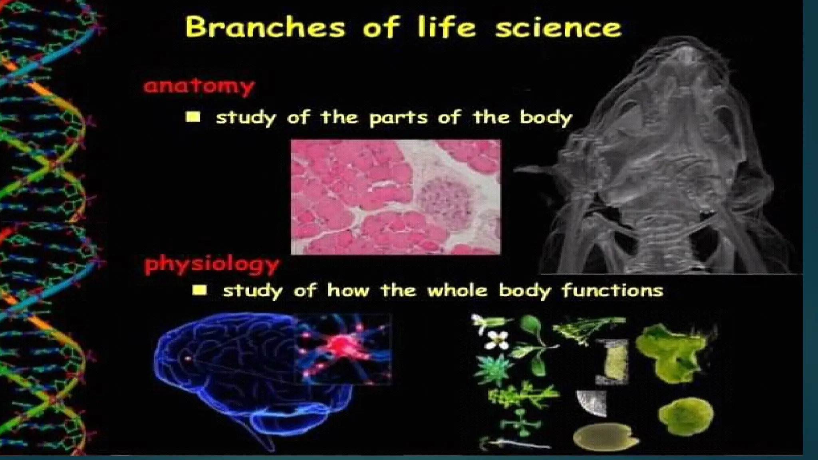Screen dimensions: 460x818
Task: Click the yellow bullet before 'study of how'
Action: point(199,290)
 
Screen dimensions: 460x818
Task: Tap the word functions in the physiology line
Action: point(613,291)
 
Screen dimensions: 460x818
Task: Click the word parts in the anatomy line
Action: point(393,118)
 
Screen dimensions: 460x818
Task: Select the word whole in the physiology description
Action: point(457,291)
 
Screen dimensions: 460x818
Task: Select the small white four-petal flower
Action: point(497,341)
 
